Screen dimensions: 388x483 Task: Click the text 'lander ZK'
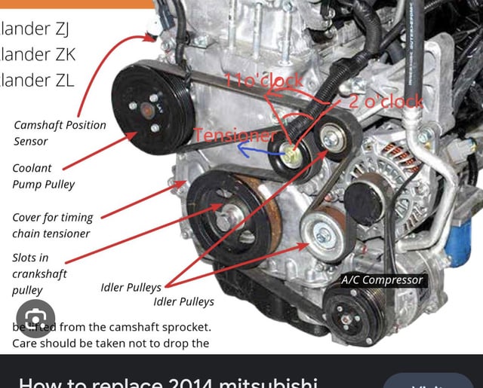[x=38, y=54]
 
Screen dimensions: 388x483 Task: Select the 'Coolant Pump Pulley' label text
[x=43, y=176]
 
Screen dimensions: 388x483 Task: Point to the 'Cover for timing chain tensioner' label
[x=52, y=225]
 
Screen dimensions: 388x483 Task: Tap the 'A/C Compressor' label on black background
[x=382, y=280]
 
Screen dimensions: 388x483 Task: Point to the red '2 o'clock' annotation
[x=385, y=102]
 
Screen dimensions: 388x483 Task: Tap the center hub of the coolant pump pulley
[x=147, y=108]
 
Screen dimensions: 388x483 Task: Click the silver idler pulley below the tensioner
[x=322, y=235]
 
